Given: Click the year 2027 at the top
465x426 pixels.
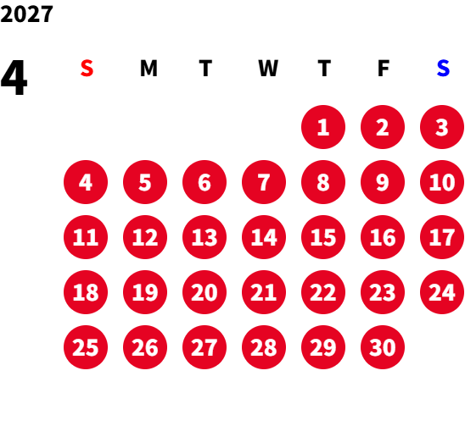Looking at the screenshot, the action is coord(26,14).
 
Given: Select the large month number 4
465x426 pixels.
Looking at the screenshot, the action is coord(14,78).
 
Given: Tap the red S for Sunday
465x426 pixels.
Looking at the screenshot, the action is coord(87,69).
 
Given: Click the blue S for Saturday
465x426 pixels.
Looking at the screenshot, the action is coord(443,69).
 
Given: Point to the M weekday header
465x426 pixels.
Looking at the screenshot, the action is coord(148,69).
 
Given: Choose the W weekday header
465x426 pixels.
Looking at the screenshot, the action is coord(268,69).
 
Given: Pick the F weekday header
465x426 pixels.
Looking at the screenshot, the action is coord(384,69).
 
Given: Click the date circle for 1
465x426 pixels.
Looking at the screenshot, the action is coord(323,127).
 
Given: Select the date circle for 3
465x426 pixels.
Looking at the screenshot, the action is coord(442,127).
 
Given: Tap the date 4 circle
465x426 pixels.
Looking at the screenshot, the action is coord(86,182).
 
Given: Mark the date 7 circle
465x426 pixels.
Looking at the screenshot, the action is coord(264,182).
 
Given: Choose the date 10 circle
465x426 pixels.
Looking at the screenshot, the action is coord(442,182).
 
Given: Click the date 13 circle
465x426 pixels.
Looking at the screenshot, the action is coord(204,237).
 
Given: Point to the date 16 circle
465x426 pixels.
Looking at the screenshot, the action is coord(383,237).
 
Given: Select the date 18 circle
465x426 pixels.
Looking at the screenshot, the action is coord(86,292).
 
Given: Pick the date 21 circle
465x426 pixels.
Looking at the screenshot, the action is coord(264,292).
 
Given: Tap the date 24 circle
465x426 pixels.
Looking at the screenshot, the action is coord(442,292).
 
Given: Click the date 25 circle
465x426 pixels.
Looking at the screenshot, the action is coord(86,347).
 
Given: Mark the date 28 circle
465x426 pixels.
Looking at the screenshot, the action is coord(264,347).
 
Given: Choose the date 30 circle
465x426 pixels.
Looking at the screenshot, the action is coord(383,347).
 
